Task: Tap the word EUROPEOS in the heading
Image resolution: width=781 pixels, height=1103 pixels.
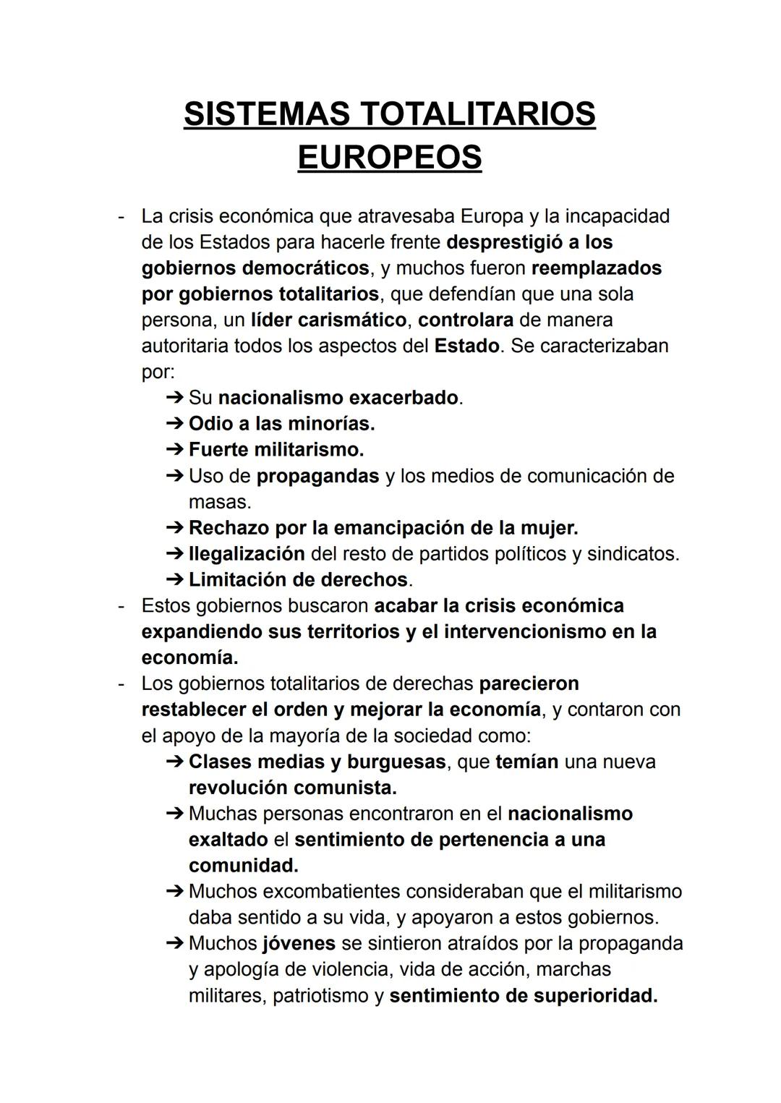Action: pyautogui.click(x=390, y=157)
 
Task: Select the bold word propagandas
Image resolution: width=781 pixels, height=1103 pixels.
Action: pyautogui.click(x=317, y=476)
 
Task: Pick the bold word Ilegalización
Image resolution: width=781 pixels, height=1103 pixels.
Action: pyautogui.click(x=247, y=554)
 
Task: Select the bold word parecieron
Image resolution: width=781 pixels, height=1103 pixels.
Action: pyautogui.click(x=529, y=684)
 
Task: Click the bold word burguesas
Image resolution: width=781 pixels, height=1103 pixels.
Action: pyautogui.click(x=396, y=762)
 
